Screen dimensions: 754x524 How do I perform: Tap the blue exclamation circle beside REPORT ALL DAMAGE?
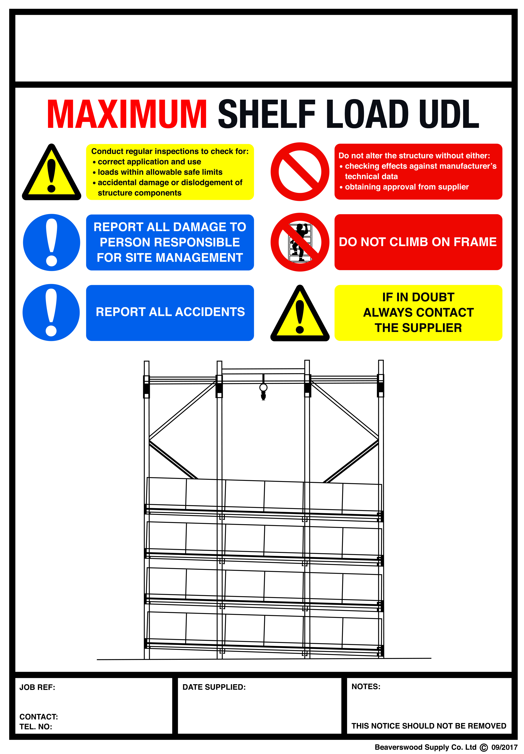(x=52, y=242)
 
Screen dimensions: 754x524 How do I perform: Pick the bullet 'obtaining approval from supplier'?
(x=406, y=187)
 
